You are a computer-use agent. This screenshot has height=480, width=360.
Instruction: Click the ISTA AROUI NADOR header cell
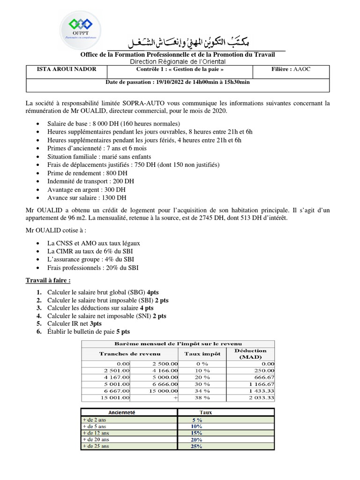(x=67, y=69)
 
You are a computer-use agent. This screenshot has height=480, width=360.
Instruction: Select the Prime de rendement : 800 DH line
(x=87, y=173)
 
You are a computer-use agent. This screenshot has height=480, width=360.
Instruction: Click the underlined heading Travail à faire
(x=48, y=280)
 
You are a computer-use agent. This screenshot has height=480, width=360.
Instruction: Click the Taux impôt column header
(x=202, y=354)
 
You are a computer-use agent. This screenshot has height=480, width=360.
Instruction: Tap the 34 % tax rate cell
(x=202, y=390)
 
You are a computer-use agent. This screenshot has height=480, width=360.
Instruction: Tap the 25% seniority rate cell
(x=196, y=447)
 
